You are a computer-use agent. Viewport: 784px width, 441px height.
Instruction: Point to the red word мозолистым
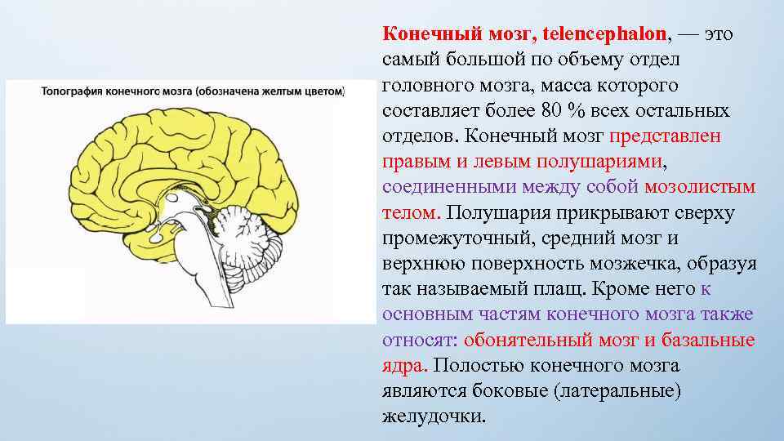click(700, 187)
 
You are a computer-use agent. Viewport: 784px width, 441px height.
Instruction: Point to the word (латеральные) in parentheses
click(617, 390)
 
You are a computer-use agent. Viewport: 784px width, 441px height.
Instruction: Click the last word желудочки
click(433, 416)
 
